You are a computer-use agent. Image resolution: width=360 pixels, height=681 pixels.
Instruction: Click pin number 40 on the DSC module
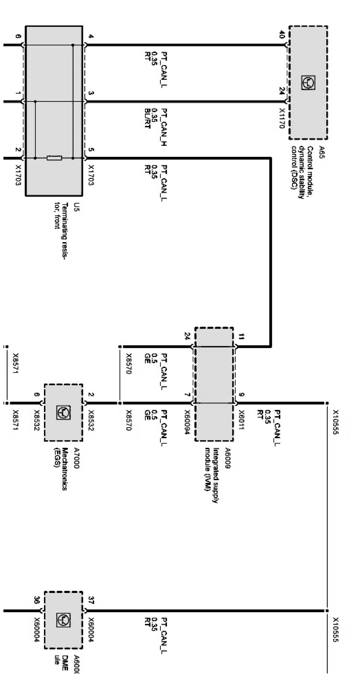[x=281, y=35]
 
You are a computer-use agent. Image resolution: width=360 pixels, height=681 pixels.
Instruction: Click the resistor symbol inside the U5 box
[x=54, y=158]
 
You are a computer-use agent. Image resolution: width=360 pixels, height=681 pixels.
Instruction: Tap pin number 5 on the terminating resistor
[x=91, y=150]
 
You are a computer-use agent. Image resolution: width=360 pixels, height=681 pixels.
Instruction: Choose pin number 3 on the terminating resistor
[x=91, y=93]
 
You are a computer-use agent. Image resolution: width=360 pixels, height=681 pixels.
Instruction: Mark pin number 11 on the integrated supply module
[x=241, y=337]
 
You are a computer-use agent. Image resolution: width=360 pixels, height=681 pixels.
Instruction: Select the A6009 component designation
[x=228, y=458]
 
